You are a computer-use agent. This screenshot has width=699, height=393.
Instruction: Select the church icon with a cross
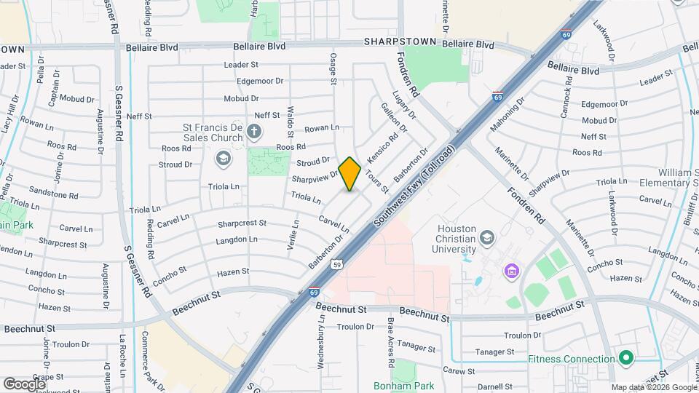253,132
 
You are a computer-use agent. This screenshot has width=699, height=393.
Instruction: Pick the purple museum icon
511,271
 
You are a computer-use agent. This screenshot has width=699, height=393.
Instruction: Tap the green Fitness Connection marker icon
625,358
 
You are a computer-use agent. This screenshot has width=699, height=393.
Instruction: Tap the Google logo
24,384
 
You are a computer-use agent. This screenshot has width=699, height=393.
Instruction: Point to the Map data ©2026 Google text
653,387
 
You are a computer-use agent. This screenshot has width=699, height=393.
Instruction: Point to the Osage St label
333,68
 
